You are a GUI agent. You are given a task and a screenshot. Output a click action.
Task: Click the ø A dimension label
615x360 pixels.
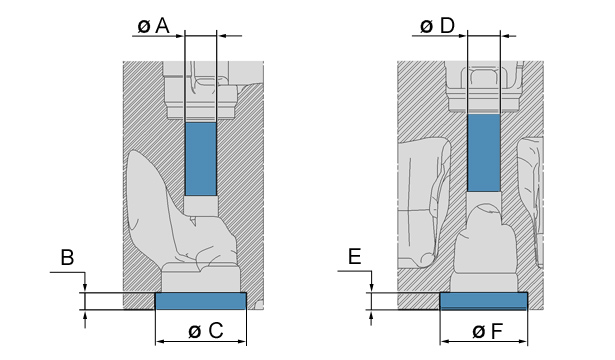153,26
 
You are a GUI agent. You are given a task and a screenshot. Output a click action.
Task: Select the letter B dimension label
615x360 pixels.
67,258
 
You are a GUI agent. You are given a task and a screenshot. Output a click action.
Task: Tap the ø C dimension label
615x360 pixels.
206,331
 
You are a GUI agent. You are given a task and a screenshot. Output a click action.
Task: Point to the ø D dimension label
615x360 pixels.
437,26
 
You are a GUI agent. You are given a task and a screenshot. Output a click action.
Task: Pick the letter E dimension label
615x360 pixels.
355,257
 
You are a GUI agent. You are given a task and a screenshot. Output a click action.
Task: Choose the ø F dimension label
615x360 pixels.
487,331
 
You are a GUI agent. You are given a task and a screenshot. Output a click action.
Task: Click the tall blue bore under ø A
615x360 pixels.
201,159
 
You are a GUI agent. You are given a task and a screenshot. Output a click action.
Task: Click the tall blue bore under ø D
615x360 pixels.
484,153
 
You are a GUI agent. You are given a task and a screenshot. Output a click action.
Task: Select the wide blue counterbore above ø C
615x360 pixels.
201,301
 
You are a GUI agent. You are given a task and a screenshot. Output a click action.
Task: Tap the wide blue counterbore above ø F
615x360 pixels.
484,301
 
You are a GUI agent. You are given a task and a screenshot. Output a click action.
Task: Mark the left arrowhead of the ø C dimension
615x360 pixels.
160,342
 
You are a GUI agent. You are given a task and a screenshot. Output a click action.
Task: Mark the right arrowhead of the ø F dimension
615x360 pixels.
523,342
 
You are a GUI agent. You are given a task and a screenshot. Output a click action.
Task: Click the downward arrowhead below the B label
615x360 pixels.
85,288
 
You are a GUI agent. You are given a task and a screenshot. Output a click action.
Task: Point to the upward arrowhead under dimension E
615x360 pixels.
371,315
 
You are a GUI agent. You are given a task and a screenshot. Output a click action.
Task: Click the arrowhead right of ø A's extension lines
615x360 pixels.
222,36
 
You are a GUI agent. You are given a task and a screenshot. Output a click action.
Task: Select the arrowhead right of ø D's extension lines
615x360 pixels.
505,36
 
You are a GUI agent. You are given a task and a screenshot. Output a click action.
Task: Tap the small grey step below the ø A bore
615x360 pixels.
201,205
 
